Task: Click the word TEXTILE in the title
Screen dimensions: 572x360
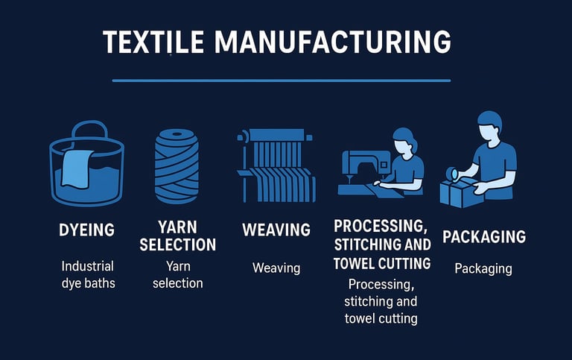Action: [153, 42]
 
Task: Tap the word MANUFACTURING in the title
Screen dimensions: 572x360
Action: [333, 42]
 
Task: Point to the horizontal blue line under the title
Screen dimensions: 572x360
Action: [282, 80]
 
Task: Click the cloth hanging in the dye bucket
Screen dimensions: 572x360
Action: [77, 168]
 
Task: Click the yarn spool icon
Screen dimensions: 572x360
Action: [177, 166]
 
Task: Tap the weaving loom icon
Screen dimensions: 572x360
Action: [276, 165]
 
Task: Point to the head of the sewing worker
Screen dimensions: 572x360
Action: [405, 141]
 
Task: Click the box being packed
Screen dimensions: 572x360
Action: [461, 192]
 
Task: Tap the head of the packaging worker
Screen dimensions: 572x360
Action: [490, 125]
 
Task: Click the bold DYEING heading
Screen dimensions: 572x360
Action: [87, 230]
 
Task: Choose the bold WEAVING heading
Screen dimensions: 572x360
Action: [276, 230]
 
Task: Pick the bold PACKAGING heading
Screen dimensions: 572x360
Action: [484, 236]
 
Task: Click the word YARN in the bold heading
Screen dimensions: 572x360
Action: [177, 227]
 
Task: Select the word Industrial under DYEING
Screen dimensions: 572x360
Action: [88, 266]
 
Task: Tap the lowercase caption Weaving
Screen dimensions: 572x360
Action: [276, 268]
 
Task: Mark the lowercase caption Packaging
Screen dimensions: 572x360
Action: [483, 269]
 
